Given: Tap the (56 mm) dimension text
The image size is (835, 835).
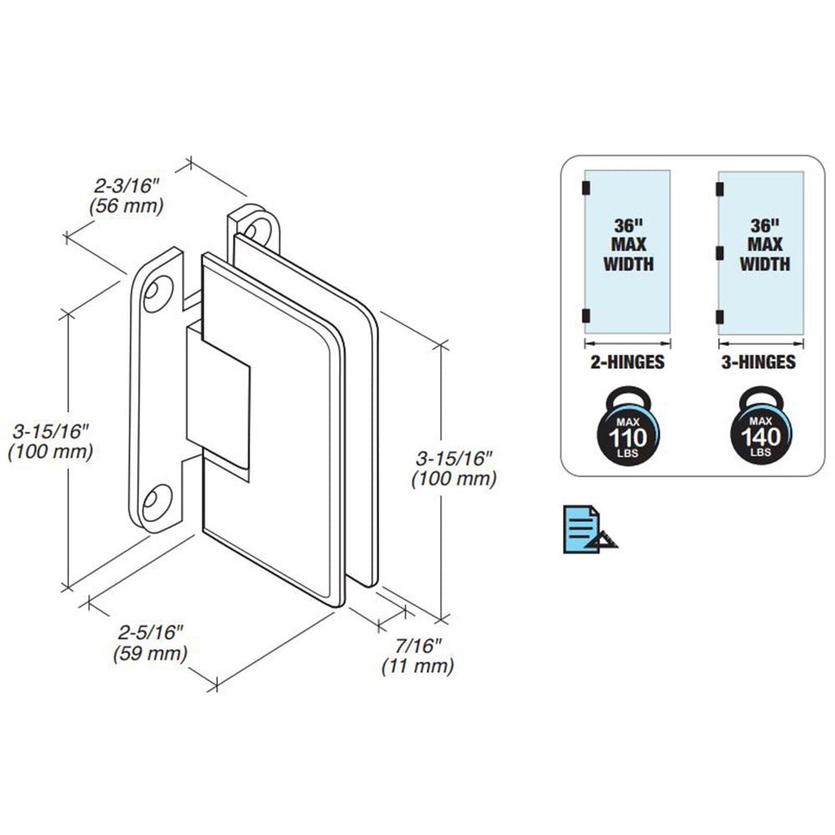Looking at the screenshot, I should (127, 205).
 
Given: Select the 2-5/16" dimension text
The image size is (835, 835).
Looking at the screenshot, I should (149, 634).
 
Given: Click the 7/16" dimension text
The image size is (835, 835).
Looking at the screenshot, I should (417, 647).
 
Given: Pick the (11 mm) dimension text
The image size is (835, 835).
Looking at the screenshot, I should (417, 666).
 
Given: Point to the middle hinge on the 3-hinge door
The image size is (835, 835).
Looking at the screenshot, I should (718, 251).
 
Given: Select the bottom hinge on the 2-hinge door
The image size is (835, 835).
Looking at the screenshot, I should (585, 315).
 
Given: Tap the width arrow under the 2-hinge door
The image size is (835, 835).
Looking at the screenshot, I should (627, 342).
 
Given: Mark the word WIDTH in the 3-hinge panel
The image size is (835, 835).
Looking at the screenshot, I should (765, 264).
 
